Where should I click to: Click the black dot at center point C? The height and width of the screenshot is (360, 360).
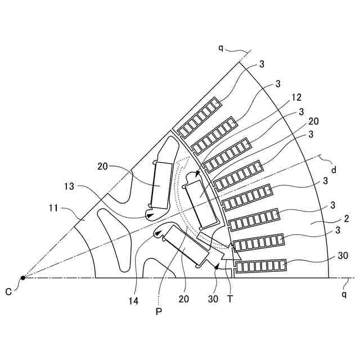23,277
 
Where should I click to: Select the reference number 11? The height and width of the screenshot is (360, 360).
53,209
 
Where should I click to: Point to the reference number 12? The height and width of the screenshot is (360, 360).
298,97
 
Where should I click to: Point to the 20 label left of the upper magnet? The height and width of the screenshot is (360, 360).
103,166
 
